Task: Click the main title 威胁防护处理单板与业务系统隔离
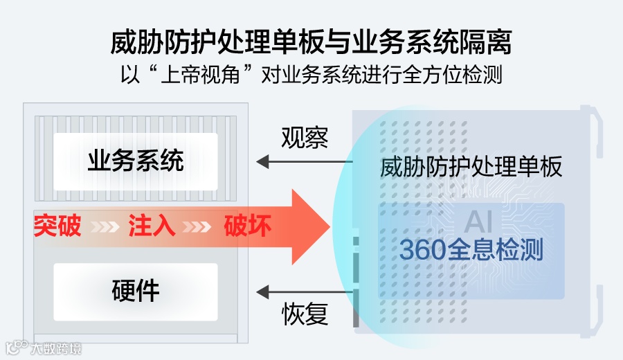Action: pos(311,43)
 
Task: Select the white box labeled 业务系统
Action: pos(136,161)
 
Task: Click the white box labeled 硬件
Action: pos(136,291)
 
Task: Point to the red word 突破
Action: pos(57,226)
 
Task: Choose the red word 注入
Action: pos(152,226)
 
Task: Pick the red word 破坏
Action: pos(247,226)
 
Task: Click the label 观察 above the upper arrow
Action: pos(305,138)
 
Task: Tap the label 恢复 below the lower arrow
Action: pos(305,316)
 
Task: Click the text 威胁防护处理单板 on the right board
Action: pos(471,167)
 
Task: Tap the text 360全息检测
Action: pos(471,249)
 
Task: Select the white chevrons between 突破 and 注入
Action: pos(105,226)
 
